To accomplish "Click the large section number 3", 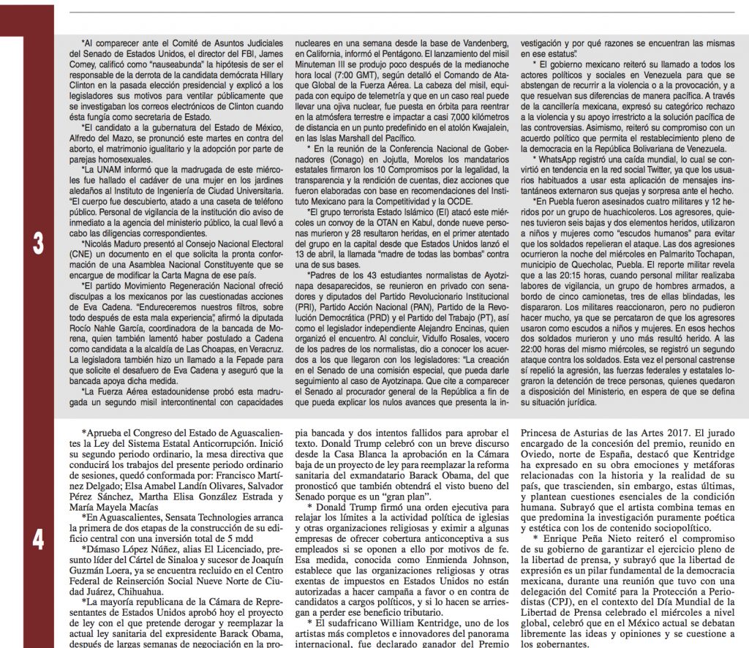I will pyautogui.click(x=38, y=243).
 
